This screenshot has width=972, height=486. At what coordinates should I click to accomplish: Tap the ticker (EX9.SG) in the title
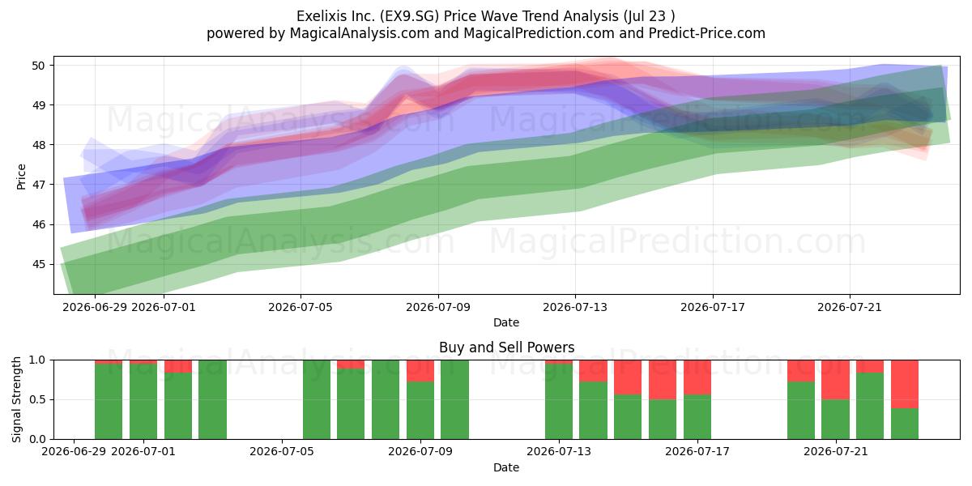pyautogui.click(x=409, y=16)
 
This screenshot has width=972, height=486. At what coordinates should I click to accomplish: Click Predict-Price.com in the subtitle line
pyautogui.click(x=707, y=33)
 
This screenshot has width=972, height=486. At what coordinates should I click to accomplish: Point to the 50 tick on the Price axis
pyautogui.click(x=38, y=66)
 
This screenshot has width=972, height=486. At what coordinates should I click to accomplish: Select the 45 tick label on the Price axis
pyautogui.click(x=38, y=264)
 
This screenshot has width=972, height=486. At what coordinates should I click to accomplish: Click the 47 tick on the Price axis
pyautogui.click(x=38, y=185)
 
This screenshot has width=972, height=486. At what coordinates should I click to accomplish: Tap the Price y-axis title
pyautogui.click(x=21, y=177)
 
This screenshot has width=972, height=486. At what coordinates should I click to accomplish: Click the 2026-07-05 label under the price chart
pyautogui.click(x=301, y=307)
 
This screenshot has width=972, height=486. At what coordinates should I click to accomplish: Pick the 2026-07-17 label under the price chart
pyautogui.click(x=713, y=307)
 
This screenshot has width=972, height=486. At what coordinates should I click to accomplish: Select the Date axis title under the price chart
pyautogui.click(x=506, y=322)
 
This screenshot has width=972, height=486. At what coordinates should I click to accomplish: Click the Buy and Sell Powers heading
pyautogui.click(x=506, y=347)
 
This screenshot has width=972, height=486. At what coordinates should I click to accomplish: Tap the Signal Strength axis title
pyautogui.click(x=16, y=399)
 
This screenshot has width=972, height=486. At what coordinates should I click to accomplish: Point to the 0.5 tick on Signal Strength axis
pyautogui.click(x=37, y=399)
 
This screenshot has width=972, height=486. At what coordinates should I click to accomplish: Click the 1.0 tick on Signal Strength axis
pyautogui.click(x=37, y=360)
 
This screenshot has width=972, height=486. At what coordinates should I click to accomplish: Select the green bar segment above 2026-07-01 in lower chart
pyautogui.click(x=143, y=402)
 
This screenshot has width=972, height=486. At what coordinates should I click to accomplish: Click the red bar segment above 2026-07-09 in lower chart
pyautogui.click(x=420, y=371)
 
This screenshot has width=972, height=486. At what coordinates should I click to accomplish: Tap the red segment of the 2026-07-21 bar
pyautogui.click(x=835, y=380)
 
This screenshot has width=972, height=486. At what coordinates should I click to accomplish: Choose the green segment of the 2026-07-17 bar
pyautogui.click(x=697, y=417)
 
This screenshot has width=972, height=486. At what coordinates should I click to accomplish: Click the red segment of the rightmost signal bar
pyautogui.click(x=905, y=384)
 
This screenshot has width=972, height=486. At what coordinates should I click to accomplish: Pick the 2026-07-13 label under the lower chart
pyautogui.click(x=559, y=452)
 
